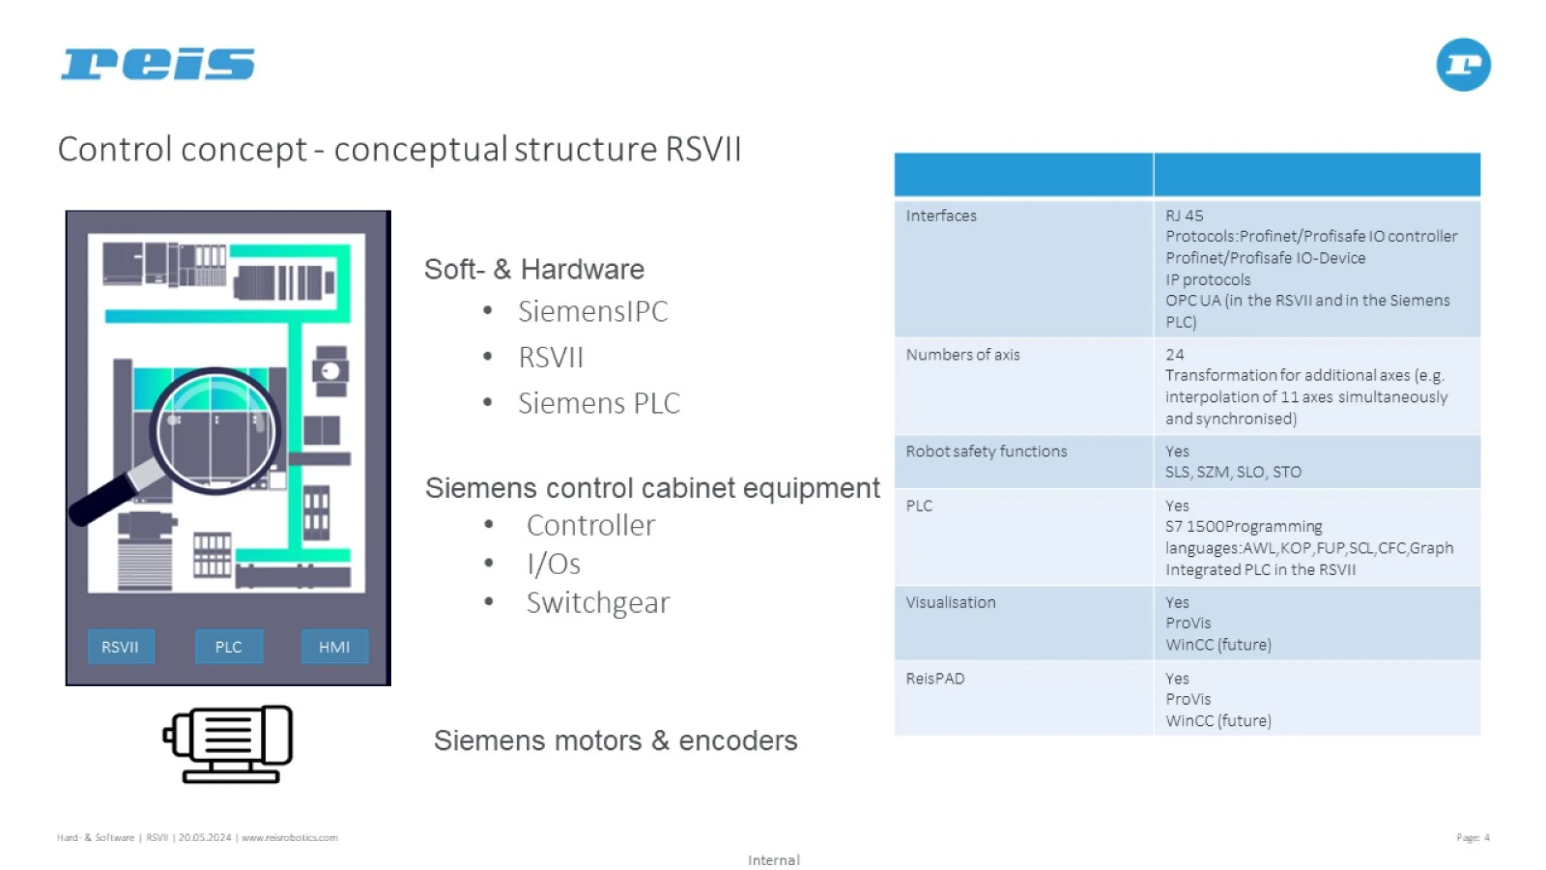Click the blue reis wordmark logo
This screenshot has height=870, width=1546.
[158, 64]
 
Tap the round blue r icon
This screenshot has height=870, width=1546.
[1463, 64]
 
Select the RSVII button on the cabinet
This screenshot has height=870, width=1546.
[121, 647]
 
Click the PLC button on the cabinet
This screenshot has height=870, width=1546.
[228, 647]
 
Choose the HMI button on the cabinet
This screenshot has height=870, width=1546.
[334, 647]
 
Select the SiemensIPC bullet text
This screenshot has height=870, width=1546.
[593, 311]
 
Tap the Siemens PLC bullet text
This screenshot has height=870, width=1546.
[599, 403]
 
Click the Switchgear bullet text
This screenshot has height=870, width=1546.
[598, 602]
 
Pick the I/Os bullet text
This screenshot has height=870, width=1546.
[553, 564]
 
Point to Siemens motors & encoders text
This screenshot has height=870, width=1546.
[615, 740]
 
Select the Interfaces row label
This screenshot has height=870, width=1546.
[941, 215]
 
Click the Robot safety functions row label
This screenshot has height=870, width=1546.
[986, 451]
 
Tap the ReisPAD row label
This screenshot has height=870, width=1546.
[935, 679]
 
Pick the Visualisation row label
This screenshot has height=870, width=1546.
[951, 602]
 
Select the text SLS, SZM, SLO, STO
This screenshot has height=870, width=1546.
[1233, 472]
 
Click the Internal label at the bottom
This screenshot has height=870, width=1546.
[774, 860]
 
